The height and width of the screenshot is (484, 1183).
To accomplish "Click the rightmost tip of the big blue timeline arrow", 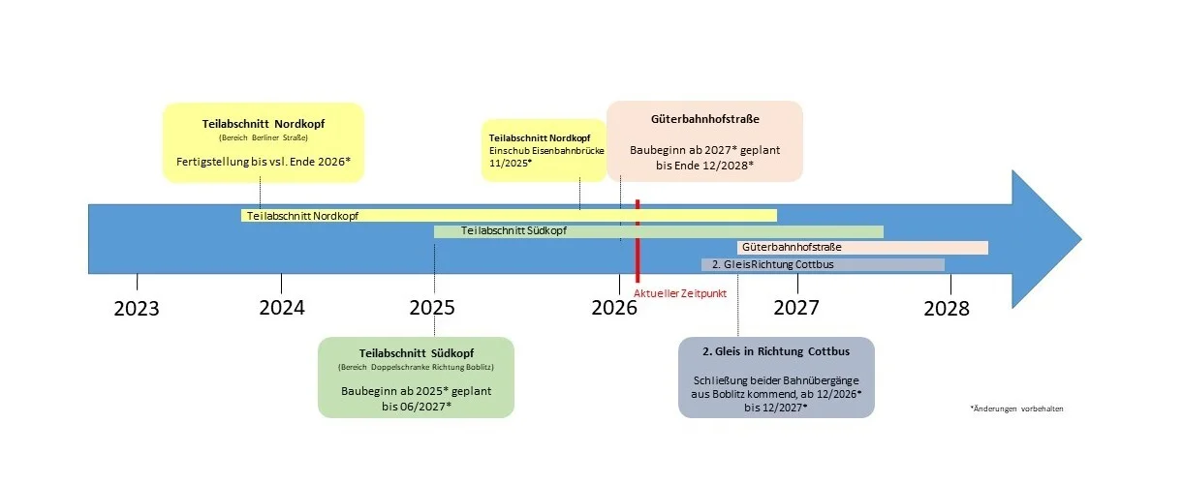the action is click(x=1081, y=239).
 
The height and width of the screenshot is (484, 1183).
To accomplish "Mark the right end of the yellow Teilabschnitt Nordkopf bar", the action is click(x=777, y=215).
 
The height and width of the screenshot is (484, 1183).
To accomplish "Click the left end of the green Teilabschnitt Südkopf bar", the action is click(x=434, y=231).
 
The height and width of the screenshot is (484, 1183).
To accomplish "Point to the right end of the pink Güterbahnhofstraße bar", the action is click(x=988, y=248).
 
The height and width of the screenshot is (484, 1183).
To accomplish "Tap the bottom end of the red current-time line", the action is click(x=638, y=283).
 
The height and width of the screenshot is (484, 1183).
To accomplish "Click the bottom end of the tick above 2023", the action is click(x=138, y=289).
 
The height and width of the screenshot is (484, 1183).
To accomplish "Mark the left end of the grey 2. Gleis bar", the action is click(x=701, y=264).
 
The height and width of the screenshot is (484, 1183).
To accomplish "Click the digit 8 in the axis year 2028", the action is click(x=963, y=309).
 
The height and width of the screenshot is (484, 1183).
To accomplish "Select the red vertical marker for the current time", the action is click(x=638, y=241).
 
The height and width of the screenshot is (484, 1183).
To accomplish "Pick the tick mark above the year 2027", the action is click(x=797, y=284).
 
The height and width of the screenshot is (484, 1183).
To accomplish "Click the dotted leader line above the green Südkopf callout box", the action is click(x=435, y=289).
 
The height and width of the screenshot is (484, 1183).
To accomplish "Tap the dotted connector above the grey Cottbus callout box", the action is click(x=737, y=305).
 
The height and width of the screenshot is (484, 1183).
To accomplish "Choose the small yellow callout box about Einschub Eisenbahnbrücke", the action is click(x=544, y=150).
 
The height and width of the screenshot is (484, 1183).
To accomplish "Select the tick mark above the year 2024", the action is click(x=282, y=284).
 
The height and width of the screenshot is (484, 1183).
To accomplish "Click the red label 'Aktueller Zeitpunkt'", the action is click(x=680, y=293).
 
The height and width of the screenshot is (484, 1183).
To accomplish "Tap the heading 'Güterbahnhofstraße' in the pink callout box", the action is click(x=705, y=119).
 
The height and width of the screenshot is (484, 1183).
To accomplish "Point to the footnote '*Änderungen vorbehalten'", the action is click(x=1016, y=408).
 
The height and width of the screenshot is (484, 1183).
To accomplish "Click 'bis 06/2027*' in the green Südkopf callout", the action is click(x=417, y=407).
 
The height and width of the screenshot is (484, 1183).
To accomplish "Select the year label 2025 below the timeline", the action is click(x=432, y=308).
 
